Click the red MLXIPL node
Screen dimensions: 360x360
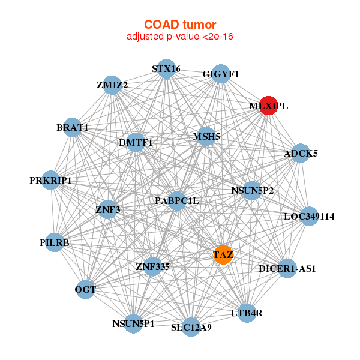tap(268, 106)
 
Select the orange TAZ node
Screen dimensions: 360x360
tap(223, 254)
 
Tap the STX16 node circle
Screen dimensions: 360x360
tap(166, 69)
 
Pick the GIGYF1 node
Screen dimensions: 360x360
tap(221, 74)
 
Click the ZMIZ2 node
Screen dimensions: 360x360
tap(112, 85)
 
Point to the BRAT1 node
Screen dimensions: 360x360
tap(73, 127)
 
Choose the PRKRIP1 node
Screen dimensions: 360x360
tap(51, 180)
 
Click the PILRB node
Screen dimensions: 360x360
tap(55, 242)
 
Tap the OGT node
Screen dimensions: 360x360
tap(85, 290)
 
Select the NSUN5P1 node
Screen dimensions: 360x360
tap(133, 323)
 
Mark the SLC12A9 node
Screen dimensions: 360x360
tap(191, 327)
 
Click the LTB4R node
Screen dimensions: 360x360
tap(247, 313)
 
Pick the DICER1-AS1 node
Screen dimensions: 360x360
tap(287, 268)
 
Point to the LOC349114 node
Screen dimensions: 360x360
tap(309, 215)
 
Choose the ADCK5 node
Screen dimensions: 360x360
tap(301, 153)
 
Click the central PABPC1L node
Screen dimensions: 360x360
tap(176, 200)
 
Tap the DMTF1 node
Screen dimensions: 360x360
tap(136, 142)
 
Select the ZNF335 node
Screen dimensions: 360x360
tap(153, 265)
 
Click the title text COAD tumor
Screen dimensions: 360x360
tap(179, 25)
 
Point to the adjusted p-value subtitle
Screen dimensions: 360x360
tap(179, 37)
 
